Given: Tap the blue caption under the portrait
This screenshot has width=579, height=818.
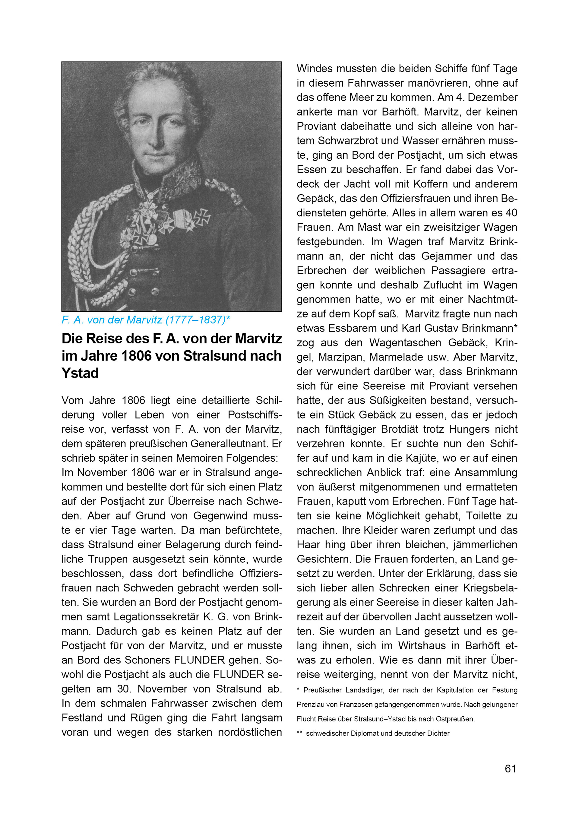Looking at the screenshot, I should (x=145, y=320).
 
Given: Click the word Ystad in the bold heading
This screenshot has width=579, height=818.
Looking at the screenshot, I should (x=80, y=373).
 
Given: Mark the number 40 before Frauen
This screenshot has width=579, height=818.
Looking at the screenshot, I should (x=511, y=213).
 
